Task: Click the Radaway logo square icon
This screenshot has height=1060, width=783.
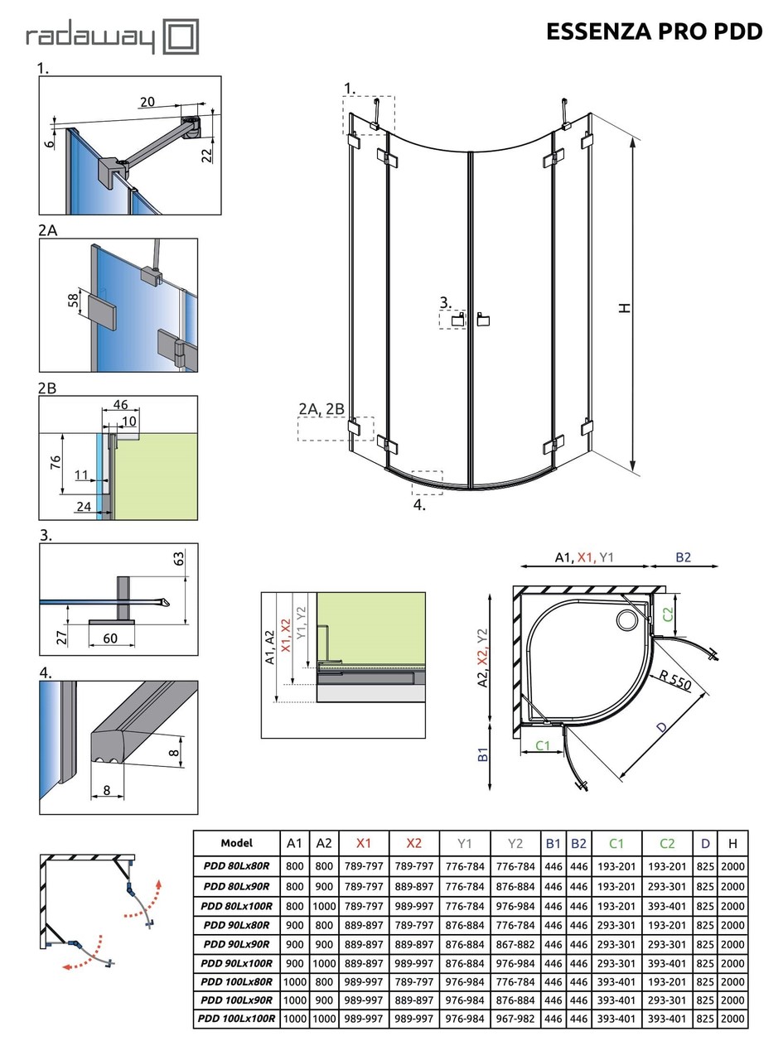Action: click(181, 37)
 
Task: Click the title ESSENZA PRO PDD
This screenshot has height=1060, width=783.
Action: click(654, 31)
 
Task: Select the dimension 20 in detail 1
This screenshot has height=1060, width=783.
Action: click(147, 102)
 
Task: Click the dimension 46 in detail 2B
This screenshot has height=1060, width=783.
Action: click(120, 405)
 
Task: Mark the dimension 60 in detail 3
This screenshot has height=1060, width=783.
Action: click(110, 638)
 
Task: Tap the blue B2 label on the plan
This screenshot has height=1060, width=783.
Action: click(683, 557)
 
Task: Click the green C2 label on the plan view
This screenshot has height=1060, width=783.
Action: click(668, 614)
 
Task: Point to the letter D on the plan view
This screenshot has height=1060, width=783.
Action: click(660, 728)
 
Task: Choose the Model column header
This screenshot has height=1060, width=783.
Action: click(237, 843)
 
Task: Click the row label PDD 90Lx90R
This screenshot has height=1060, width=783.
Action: click(237, 944)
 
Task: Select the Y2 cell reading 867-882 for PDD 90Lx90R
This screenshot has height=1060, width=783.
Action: click(515, 944)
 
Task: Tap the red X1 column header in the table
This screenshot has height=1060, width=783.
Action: click(364, 843)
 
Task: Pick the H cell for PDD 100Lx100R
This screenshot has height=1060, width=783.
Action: click(732, 1019)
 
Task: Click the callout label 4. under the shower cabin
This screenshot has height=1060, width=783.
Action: click(419, 504)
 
